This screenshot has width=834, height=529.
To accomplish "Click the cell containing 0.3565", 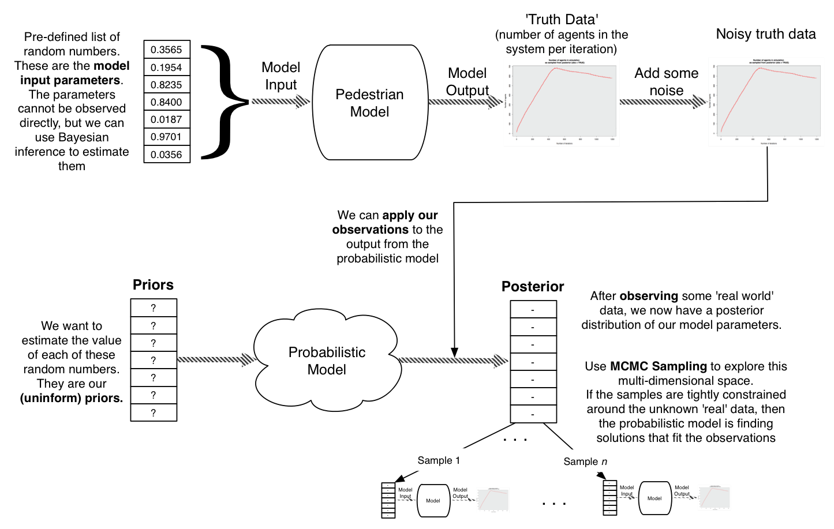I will pyautogui.click(x=166, y=50).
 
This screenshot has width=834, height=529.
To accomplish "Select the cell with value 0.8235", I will pyautogui.click(x=166, y=84).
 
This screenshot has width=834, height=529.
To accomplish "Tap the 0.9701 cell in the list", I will pyautogui.click(x=166, y=137).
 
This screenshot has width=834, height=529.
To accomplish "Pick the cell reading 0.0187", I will pyautogui.click(x=166, y=119).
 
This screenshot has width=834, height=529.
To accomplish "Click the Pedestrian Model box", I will pyautogui.click(x=369, y=103).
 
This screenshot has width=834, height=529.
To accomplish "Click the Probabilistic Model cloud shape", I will pyautogui.click(x=327, y=361).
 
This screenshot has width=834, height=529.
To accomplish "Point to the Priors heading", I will pyautogui.click(x=153, y=284).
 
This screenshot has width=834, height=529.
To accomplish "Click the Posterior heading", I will pyautogui.click(x=533, y=286).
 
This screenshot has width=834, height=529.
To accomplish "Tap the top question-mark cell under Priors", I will pyautogui.click(x=154, y=308).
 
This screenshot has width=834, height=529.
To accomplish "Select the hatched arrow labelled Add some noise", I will pyautogui.click(x=663, y=102).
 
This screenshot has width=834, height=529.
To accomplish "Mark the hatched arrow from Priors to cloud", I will pyautogui.click(x=216, y=360).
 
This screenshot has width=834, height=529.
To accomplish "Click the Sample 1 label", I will pyautogui.click(x=439, y=460).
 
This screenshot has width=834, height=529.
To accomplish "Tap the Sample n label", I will pyautogui.click(x=585, y=462).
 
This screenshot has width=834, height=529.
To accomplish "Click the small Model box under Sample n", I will pyautogui.click(x=655, y=498).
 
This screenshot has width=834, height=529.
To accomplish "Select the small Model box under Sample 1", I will pyautogui.click(x=433, y=501).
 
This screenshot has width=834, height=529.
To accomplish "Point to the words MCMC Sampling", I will pyautogui.click(x=658, y=366).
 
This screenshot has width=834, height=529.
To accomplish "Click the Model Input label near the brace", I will pyautogui.click(x=281, y=76).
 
